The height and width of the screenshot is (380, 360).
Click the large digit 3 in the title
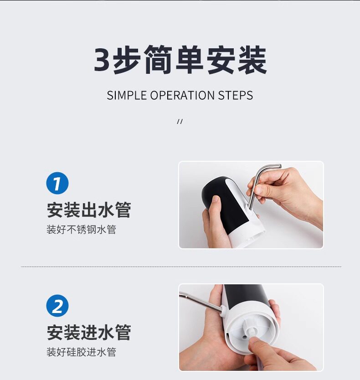pos(102,60)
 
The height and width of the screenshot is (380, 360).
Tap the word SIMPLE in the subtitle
pos(127,95)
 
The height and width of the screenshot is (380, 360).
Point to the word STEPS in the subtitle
pos(236,95)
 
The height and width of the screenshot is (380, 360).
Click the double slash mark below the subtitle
pos(180,121)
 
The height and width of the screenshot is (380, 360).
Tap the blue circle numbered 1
pos(57,183)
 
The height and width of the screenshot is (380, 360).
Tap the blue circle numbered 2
pos(57,306)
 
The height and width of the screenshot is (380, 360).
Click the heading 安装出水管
pos(89,210)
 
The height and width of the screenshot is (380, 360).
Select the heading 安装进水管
pos(89,332)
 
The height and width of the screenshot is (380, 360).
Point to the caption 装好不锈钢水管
pos(81,230)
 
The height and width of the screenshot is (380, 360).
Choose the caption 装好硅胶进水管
pos(81,352)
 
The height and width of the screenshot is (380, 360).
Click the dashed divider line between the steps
pos(181,267)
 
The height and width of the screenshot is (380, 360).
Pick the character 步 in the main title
pos(127,60)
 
